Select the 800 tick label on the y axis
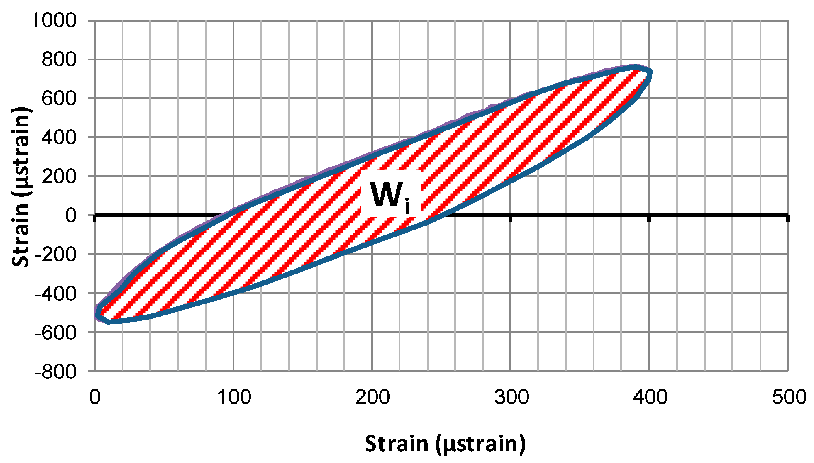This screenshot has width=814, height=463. (59, 60)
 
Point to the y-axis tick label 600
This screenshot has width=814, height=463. (59, 98)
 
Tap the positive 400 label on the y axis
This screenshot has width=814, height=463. (59, 137)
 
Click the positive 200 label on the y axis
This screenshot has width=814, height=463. (59, 176)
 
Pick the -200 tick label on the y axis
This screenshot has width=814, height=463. (56, 254)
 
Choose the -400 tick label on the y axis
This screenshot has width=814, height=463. (56, 293)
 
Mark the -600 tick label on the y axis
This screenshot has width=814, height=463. (56, 333)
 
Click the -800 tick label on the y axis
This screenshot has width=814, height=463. (56, 372)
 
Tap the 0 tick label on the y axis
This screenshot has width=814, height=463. (71, 215)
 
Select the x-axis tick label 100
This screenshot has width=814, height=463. (234, 397)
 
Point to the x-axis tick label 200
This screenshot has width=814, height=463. (372, 397)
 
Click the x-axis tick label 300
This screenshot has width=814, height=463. (511, 397)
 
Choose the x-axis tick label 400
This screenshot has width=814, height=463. (650, 397)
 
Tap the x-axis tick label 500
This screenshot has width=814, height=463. (789, 397)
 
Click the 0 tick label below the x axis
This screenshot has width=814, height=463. (95, 397)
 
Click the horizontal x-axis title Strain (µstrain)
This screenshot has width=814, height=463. (445, 444)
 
